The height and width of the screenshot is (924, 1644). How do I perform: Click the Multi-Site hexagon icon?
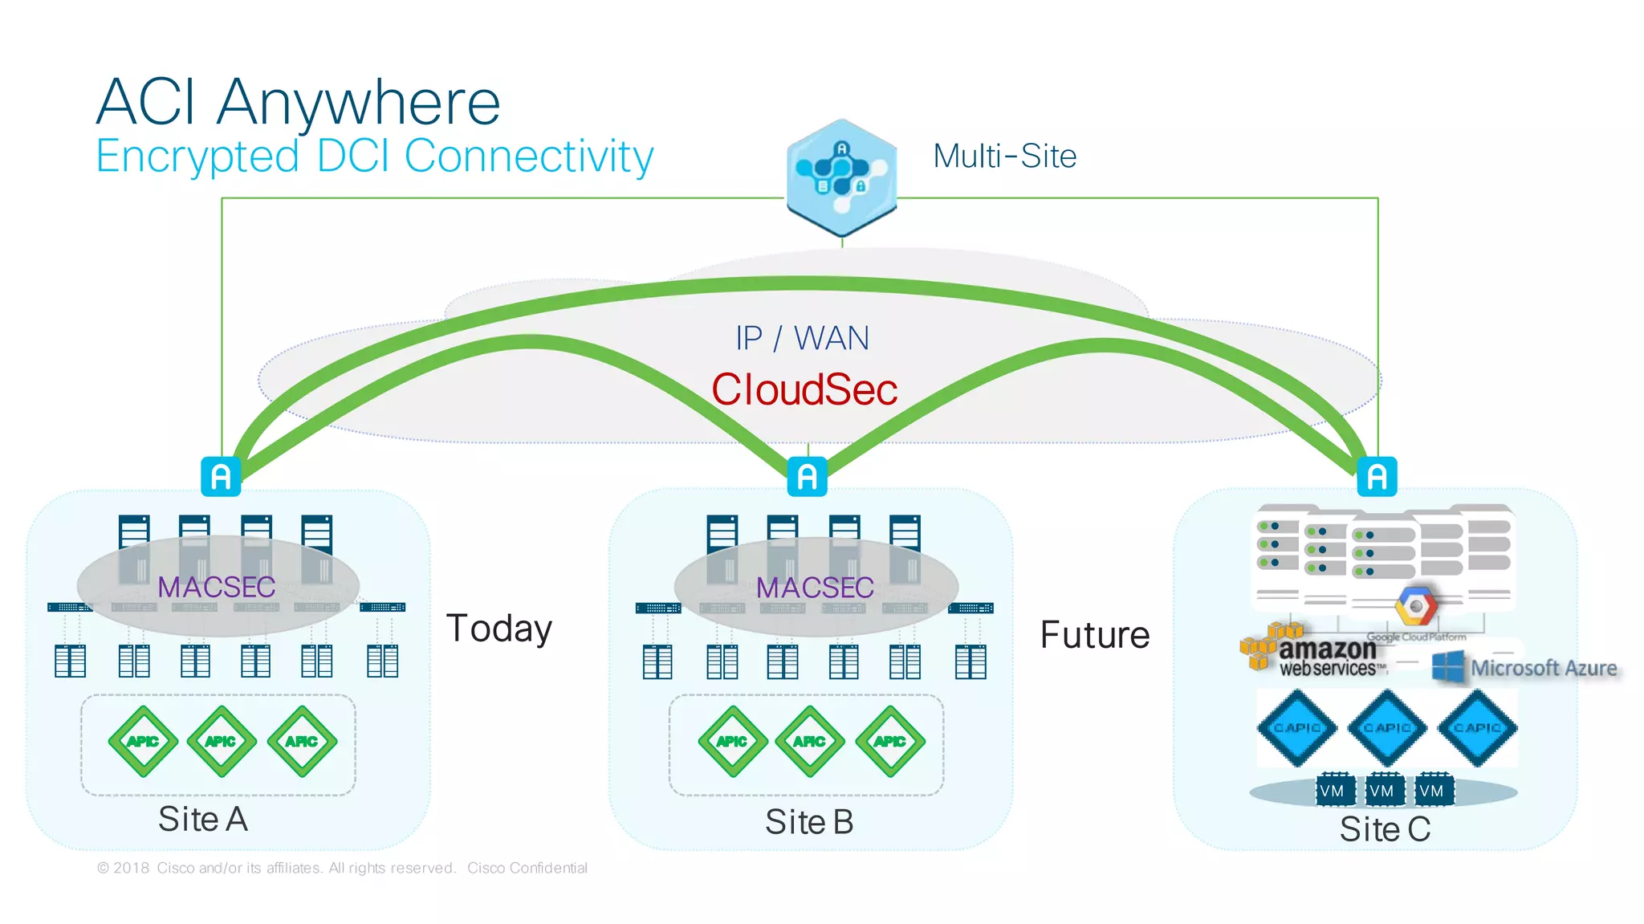coord(841,177)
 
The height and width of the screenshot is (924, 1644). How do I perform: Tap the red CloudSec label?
coord(804,390)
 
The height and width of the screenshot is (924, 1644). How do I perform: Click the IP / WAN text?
coord(802,339)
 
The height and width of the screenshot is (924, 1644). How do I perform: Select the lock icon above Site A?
coord(221,477)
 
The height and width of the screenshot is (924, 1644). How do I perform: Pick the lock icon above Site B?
coord(808,477)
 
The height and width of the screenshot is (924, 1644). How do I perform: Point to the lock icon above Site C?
coord(1377,477)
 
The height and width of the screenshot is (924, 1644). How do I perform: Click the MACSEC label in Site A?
coord(217,587)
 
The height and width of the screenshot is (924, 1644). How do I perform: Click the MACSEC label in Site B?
coord(815,588)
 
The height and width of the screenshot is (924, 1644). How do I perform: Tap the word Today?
coord(499,629)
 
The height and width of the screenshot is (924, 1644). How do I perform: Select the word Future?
coord(1095,635)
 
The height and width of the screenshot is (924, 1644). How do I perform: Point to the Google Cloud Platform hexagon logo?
coord(1416,606)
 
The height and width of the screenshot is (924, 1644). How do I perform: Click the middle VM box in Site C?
coord(1382,791)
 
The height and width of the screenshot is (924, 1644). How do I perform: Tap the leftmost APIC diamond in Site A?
coord(143,741)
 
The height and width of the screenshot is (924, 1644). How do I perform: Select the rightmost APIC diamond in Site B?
coord(889,741)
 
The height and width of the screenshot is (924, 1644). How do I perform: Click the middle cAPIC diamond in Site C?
coord(1387,727)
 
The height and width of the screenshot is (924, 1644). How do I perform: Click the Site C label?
coord(1385,829)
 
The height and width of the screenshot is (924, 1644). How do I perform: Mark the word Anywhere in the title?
coord(358,103)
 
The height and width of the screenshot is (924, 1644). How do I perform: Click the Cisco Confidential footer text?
coord(527,868)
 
